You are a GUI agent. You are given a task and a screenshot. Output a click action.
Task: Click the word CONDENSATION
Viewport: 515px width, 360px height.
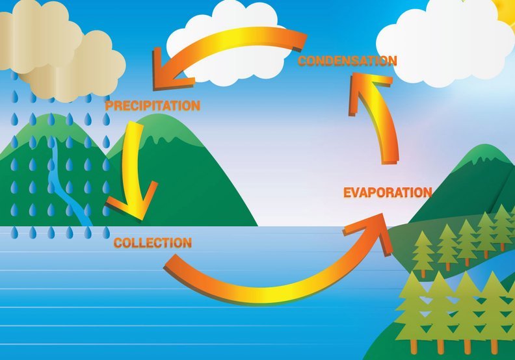[x=347, y=61]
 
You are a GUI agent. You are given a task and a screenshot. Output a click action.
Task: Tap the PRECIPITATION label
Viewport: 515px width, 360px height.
[x=153, y=106]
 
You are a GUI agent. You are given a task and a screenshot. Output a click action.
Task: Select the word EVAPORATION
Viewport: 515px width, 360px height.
[x=388, y=192]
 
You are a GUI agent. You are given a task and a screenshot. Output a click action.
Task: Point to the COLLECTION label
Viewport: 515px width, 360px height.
[x=153, y=243]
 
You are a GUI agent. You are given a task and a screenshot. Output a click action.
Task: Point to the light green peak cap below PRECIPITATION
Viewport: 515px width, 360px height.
[x=157, y=129]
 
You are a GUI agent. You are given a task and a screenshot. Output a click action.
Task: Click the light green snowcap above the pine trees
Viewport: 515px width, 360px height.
[x=482, y=157]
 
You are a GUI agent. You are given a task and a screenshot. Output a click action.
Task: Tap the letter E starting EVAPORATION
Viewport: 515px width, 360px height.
[x=347, y=192]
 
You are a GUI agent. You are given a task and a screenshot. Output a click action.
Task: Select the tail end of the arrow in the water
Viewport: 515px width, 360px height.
[x=171, y=261]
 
